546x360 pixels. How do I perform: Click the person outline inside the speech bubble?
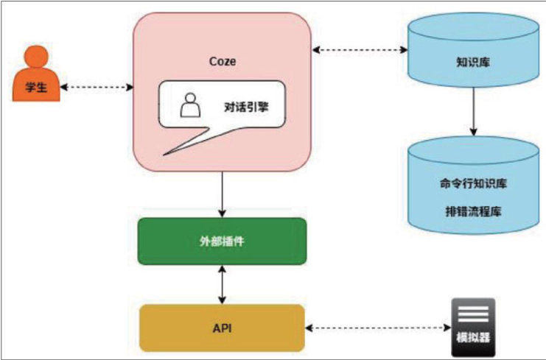[191, 107]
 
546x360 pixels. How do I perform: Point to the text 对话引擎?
[245, 107]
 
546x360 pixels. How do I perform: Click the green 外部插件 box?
[221, 241]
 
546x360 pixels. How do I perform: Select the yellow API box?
[221, 328]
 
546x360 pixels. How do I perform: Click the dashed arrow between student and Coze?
[97, 88]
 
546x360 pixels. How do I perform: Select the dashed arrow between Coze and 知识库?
[360, 50]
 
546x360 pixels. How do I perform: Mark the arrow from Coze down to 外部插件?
[221, 194]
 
